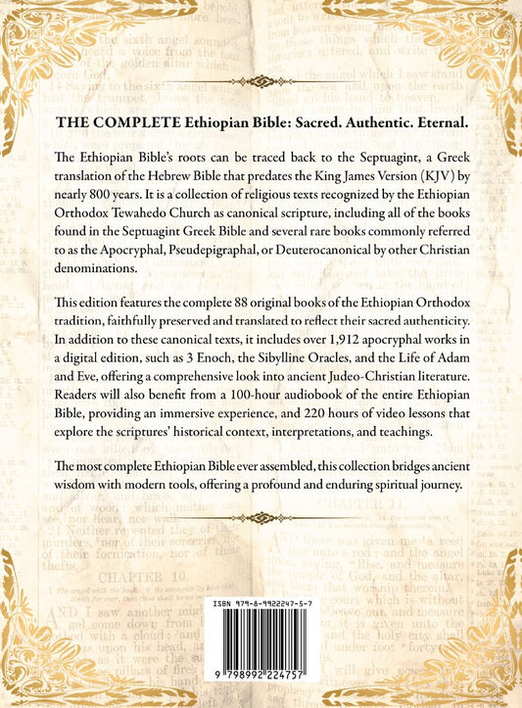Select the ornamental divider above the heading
261,81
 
